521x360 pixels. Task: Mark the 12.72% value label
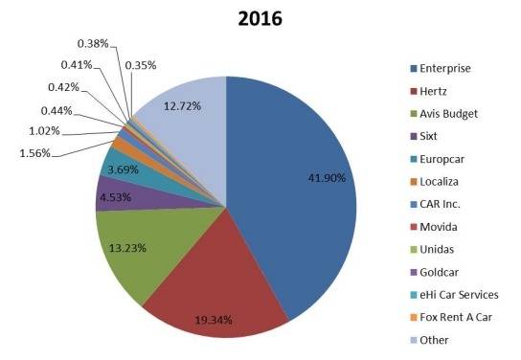[x=182, y=106]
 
